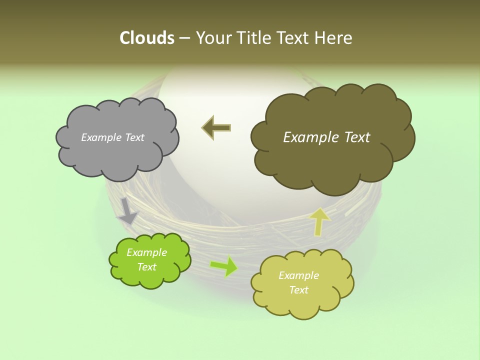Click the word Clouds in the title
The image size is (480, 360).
[147, 38]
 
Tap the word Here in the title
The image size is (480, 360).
[333, 38]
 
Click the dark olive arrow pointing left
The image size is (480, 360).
[216, 127]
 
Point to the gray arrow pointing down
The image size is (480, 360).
[127, 210]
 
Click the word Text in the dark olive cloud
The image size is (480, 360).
[353, 137]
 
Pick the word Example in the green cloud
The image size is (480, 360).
[146, 252]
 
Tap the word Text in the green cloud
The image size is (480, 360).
[146, 267]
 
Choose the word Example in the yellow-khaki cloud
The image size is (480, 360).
[298, 275]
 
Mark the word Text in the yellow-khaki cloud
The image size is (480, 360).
[298, 290]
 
